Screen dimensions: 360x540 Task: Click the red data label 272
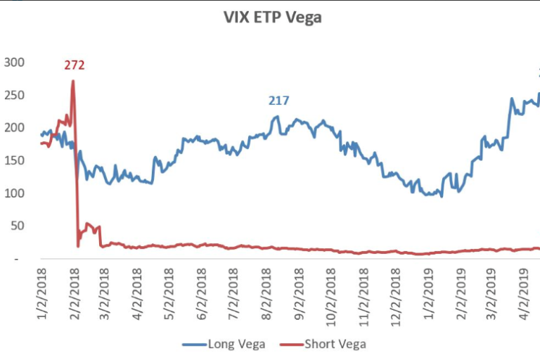(74, 65)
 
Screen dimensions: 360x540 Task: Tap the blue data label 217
(278, 101)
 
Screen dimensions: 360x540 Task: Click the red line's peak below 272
(73, 81)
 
